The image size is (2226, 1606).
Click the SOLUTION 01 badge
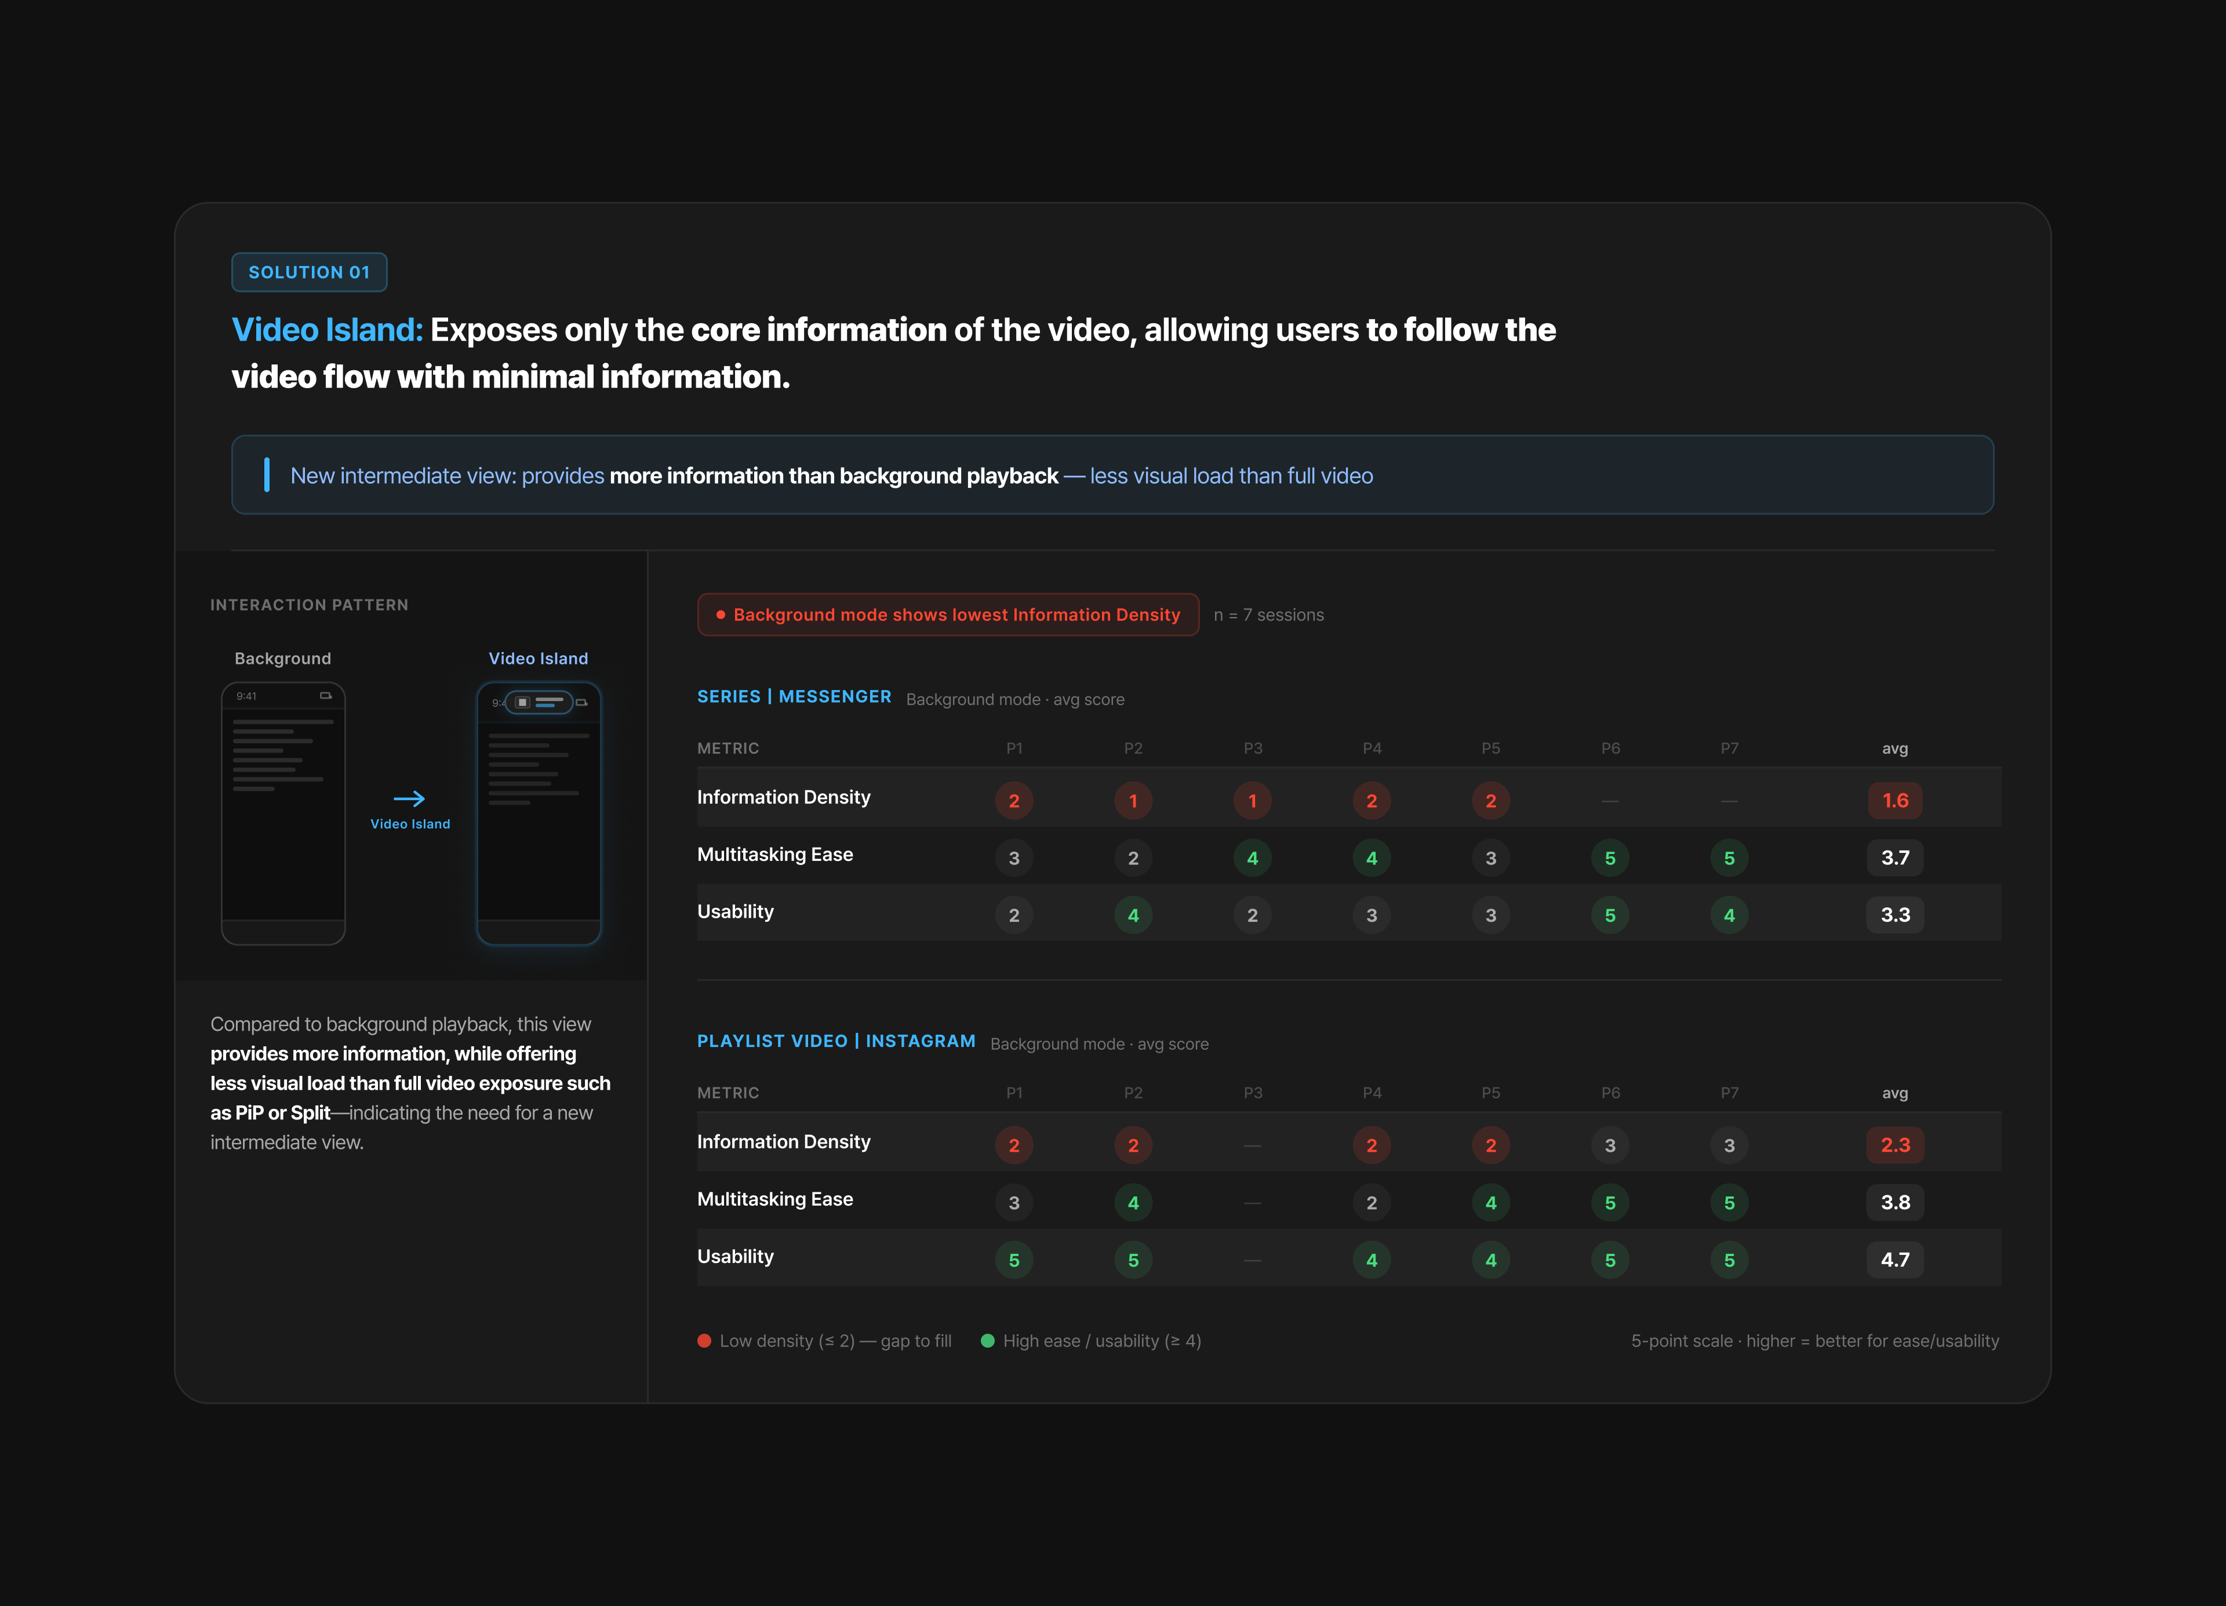(309, 272)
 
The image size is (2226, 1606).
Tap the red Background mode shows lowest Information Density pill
(948, 614)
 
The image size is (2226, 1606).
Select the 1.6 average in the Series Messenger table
(1894, 801)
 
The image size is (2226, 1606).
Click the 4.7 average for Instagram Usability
(1894, 1260)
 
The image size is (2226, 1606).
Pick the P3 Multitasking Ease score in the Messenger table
(1252, 857)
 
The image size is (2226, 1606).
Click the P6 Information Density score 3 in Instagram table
(1610, 1145)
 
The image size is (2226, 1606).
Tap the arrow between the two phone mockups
(409, 798)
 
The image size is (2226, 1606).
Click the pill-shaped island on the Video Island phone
(539, 702)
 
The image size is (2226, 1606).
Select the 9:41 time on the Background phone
(246, 696)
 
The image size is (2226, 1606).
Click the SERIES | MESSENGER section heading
(794, 696)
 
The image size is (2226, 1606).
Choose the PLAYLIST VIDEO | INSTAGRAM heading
(836, 1041)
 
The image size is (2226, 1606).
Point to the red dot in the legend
(704, 1340)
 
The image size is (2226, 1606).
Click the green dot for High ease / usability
(987, 1340)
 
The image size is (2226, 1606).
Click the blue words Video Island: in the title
(327, 330)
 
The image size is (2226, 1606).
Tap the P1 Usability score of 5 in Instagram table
(1014, 1260)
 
